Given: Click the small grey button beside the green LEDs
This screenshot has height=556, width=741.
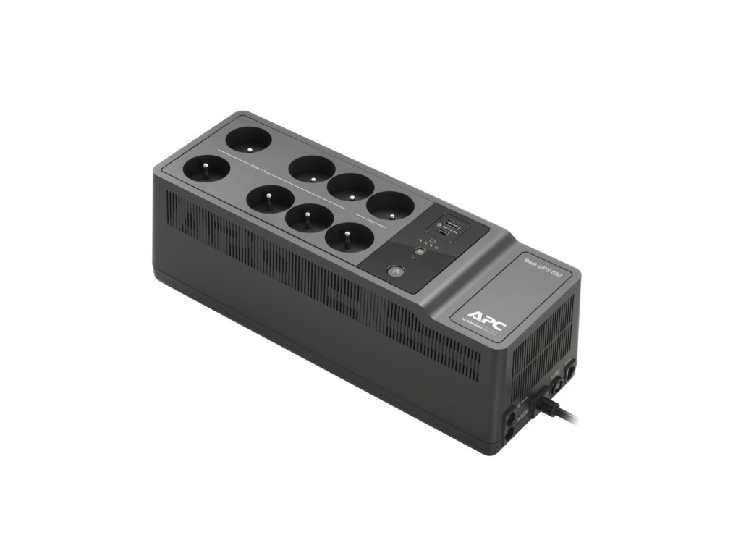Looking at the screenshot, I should click(419, 253).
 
